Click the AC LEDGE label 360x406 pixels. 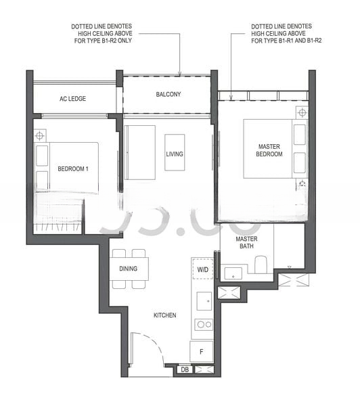72,99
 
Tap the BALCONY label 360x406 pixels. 168,94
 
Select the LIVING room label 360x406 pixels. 175,154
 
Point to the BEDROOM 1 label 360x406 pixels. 73,168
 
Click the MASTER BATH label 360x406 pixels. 246,242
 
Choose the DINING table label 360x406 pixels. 129,269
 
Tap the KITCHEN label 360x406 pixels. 165,315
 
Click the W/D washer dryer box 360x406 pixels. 203,269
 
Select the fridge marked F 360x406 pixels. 202,351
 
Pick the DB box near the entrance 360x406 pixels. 185,369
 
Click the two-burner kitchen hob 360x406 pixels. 204,324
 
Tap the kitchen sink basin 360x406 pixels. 204,301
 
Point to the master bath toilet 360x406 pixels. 261,265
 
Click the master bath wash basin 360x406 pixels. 233,273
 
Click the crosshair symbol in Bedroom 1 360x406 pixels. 40,135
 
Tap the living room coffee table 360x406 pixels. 175,152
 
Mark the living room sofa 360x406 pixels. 140,152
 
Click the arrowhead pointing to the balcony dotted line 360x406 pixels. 180,74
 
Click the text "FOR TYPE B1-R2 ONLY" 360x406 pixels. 103,41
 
